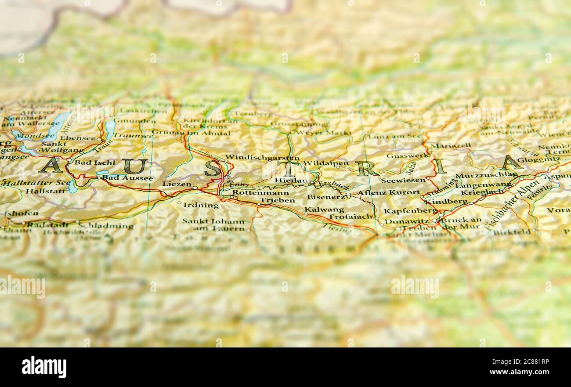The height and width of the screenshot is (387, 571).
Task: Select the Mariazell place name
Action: pos(450,145)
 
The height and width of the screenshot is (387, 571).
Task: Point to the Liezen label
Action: pos(177,184)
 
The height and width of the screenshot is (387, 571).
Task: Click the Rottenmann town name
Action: pos(260,192)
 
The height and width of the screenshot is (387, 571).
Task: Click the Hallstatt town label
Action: pos(46,191)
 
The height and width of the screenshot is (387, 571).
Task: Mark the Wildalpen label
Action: pos(325,163)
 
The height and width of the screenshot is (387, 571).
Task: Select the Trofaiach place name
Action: pos(350,217)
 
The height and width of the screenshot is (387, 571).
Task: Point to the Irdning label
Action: pos(201,205)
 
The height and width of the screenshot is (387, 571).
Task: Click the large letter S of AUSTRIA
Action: pos(213,168)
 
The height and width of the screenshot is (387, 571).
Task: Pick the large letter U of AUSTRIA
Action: pos(135,166)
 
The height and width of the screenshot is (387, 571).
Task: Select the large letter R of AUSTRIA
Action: pos(367,168)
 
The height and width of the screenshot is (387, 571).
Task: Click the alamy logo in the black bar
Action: pos(44,367)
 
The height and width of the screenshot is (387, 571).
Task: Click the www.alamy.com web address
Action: pos(519,373)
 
